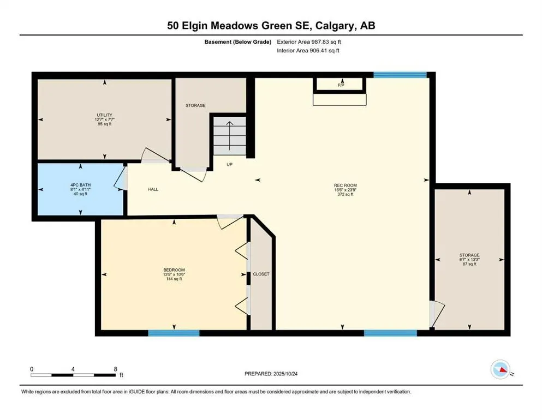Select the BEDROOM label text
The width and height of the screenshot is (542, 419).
[174, 270]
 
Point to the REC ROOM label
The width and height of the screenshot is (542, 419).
[345, 185]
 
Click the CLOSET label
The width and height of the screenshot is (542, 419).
[261, 274]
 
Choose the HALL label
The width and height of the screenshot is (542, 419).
[153, 189]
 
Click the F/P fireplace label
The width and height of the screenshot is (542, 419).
[341, 85]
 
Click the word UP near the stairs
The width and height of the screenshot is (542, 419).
[230, 164]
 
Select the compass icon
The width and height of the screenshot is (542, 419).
[501, 370]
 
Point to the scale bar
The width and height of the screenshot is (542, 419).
[74, 374]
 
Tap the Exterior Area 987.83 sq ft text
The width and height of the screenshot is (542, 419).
[312, 41]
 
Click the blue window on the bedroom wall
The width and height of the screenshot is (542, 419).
[174, 332]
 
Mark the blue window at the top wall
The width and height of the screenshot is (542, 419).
[400, 75]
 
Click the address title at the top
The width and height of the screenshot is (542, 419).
[271, 25]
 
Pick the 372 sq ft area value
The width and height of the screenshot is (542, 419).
[345, 194]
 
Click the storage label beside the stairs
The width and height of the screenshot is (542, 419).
[195, 105]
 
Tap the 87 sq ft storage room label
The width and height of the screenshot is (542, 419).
[469, 264]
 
